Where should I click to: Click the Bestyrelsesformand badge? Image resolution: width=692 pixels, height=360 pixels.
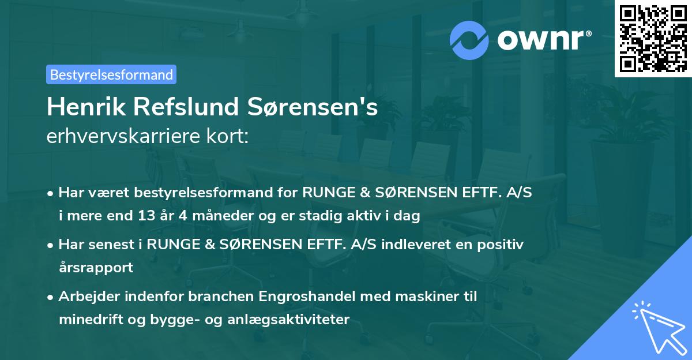(111, 74)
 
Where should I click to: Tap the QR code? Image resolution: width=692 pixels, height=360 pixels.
(653, 38)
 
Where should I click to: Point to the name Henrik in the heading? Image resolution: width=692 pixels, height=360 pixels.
(81, 107)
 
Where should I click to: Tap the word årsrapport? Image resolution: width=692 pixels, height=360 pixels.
(96, 268)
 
